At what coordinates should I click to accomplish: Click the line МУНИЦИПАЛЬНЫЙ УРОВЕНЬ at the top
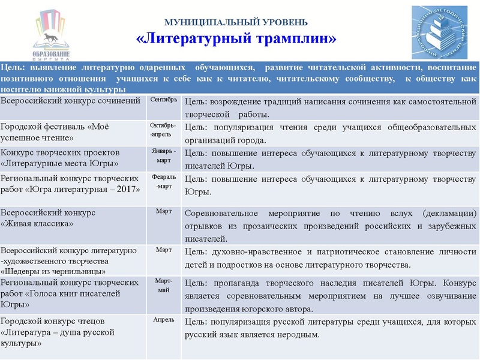point(236,22)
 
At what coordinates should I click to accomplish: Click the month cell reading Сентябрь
point(163,100)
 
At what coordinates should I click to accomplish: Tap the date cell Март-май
point(163,286)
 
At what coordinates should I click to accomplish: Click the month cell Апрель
point(163,321)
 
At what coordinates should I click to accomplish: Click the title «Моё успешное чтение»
point(55,132)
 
